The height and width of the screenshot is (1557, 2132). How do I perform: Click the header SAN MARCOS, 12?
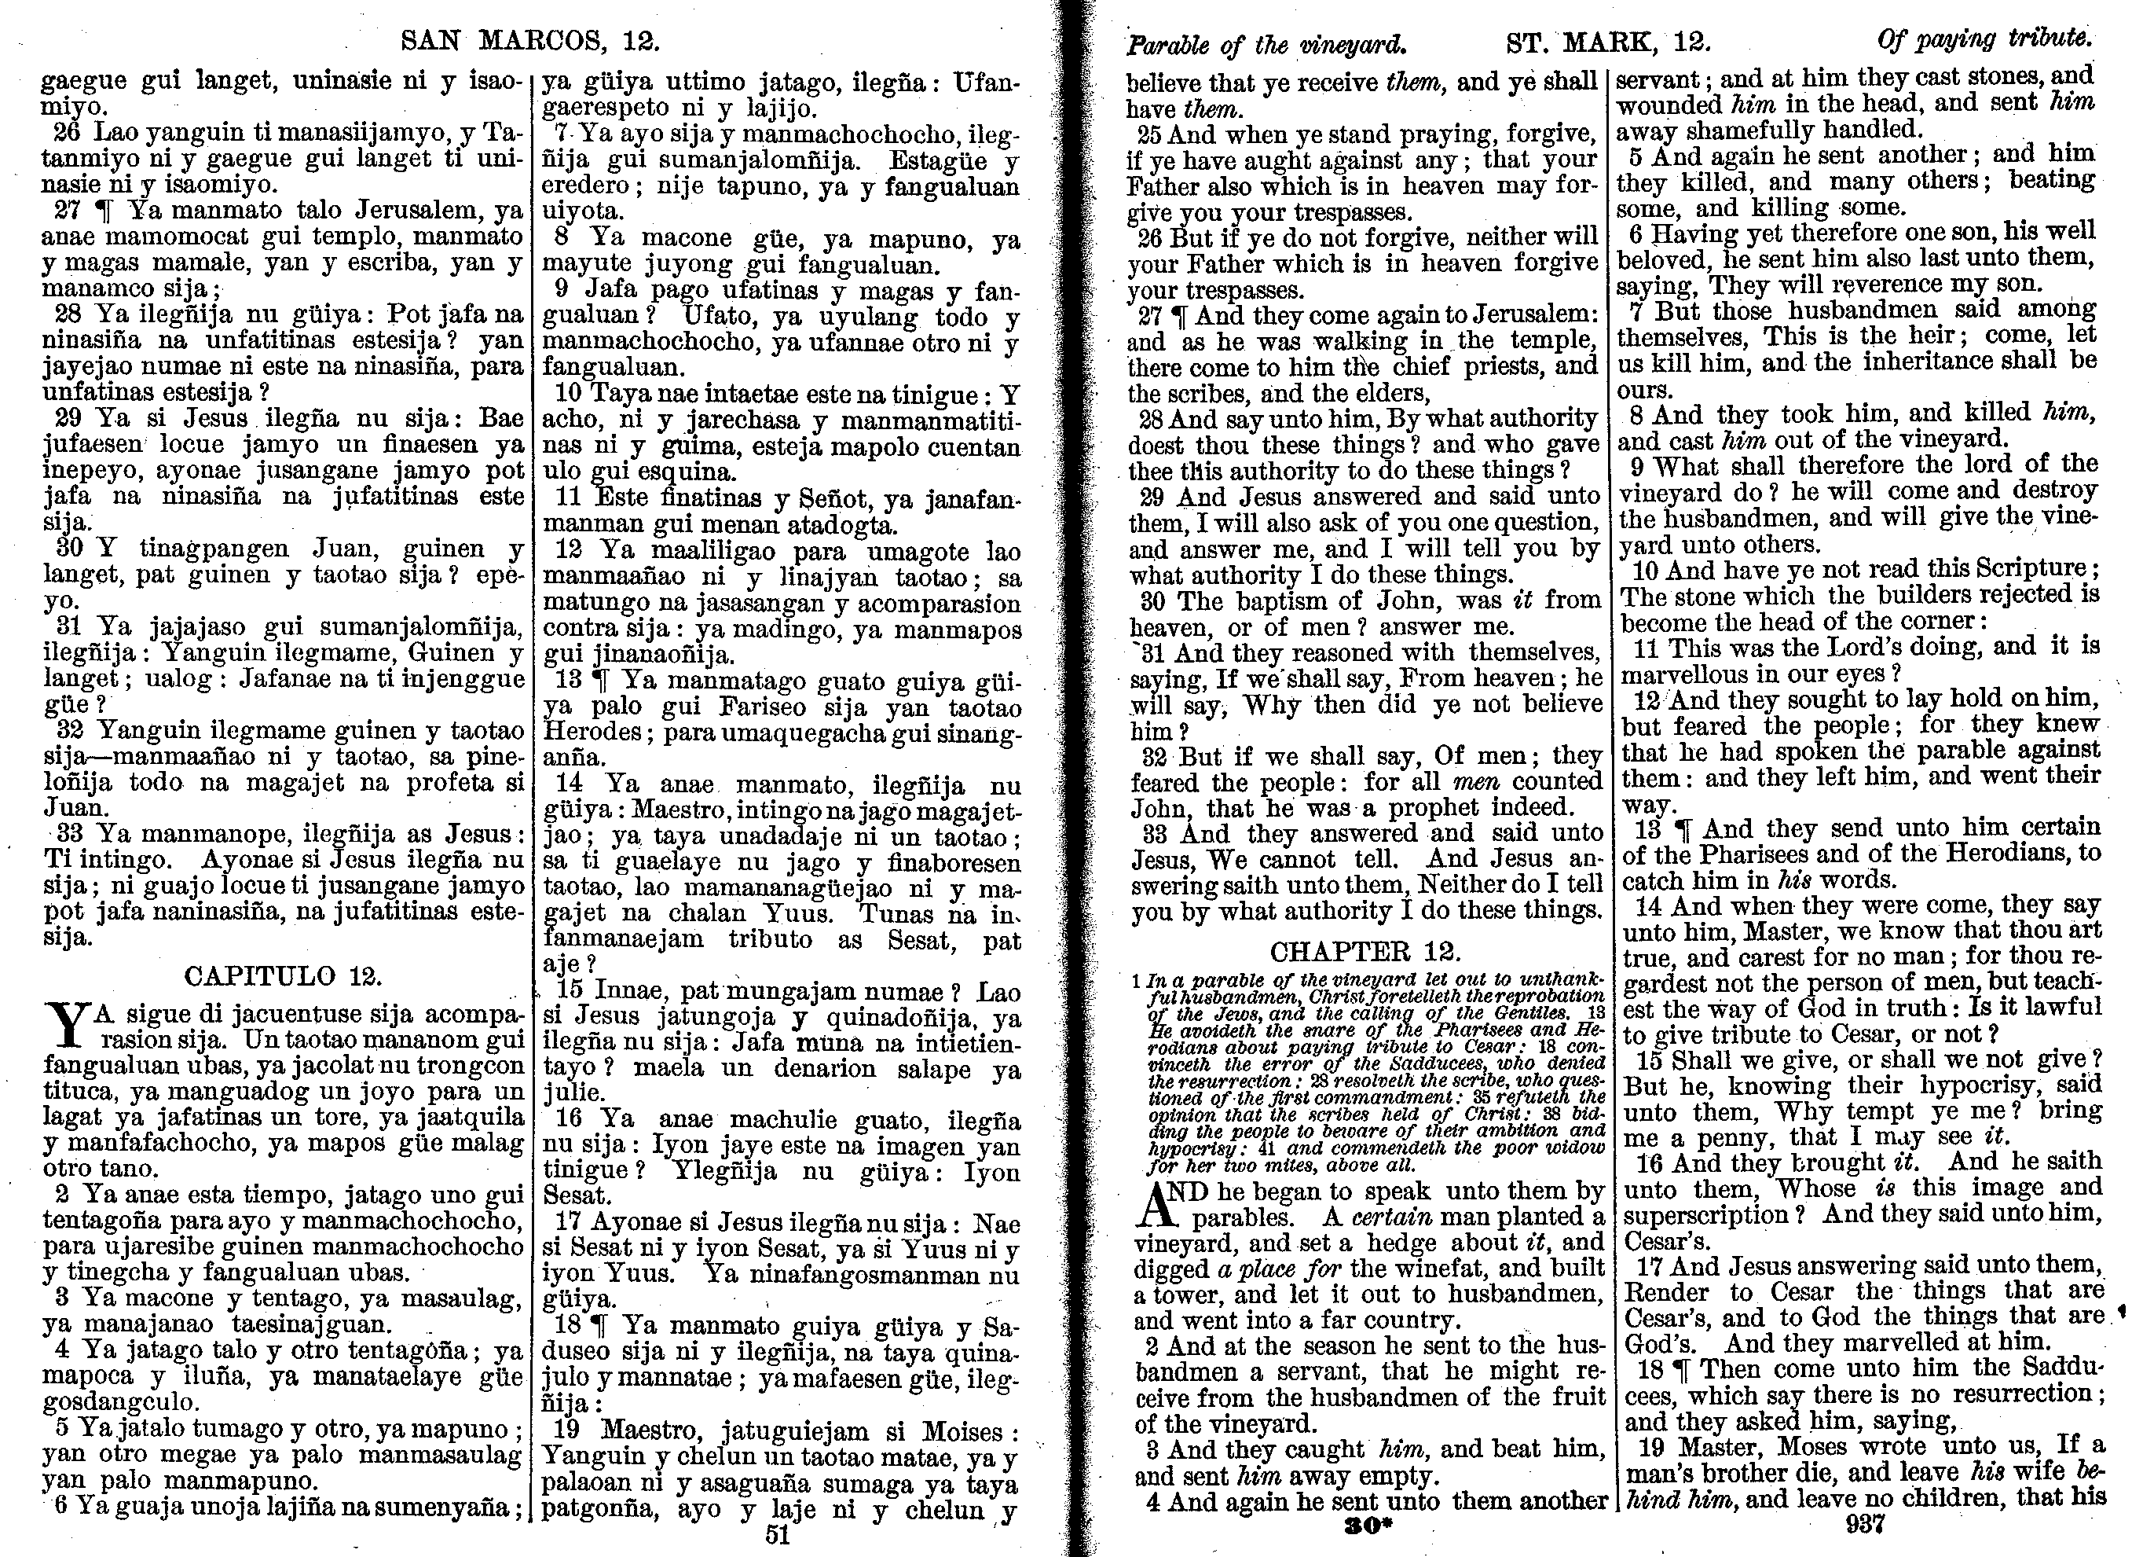529,42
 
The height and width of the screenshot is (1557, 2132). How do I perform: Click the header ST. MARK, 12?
1607,42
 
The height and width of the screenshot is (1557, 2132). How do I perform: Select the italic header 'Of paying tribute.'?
1984,39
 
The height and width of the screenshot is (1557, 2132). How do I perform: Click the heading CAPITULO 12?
283,975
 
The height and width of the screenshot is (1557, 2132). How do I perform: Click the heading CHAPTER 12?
1365,950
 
